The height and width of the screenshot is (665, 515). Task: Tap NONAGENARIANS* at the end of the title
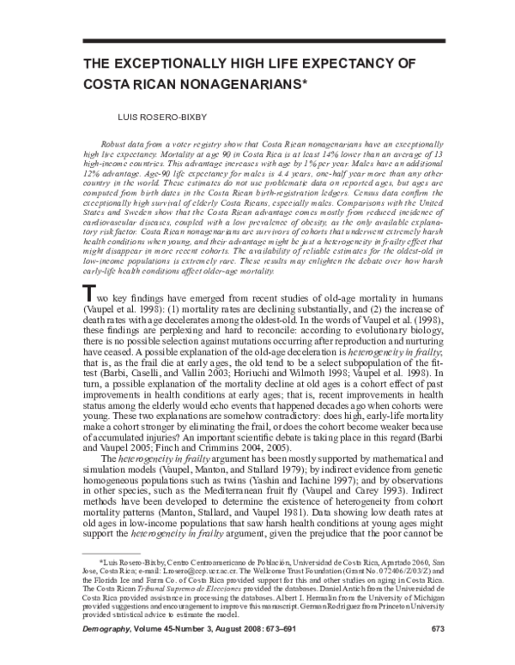coord(249,85)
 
